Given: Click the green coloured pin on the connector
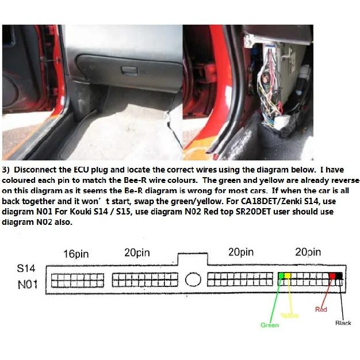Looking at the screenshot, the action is [281, 275].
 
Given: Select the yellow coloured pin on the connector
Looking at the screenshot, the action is [288, 275].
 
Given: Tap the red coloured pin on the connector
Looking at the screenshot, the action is [332, 275].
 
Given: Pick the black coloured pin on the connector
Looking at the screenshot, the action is [339, 275].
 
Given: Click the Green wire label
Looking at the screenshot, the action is [270, 325].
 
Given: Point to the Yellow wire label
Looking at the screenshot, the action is [289, 316].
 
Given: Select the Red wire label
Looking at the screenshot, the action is [321, 309].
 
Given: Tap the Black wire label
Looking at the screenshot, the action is [343, 323].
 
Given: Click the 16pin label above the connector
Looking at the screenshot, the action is [76, 254].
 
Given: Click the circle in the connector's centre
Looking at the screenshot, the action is [193, 279].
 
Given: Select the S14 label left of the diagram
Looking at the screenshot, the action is [26, 268].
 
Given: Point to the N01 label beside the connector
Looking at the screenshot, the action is [28, 285].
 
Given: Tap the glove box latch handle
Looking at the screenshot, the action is [129, 70].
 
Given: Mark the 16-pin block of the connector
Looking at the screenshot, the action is [78, 280].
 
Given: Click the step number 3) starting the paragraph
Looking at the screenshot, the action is [6, 170].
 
